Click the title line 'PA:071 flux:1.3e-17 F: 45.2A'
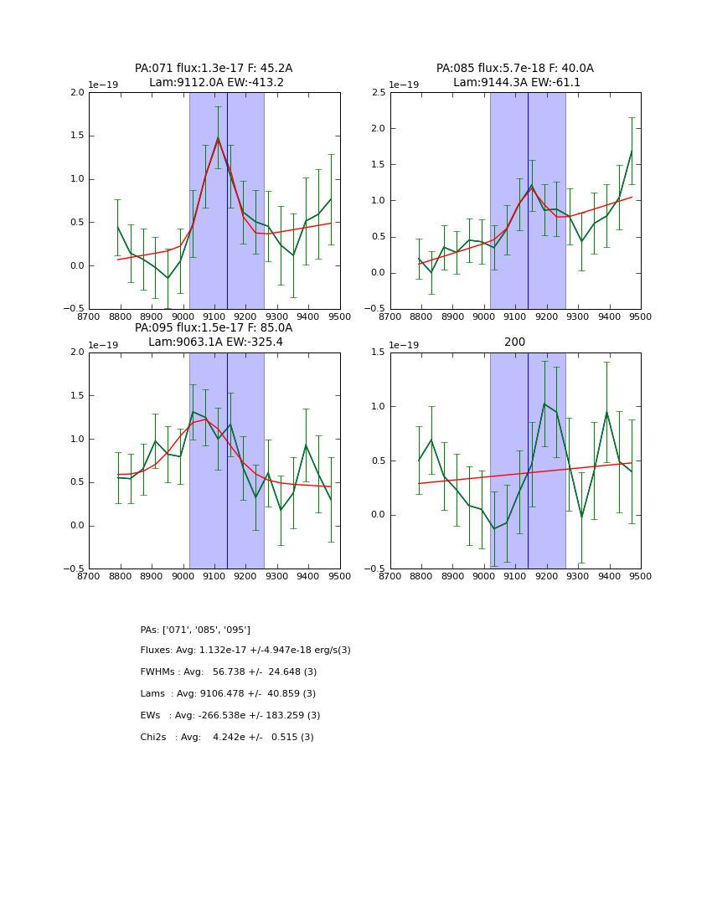[x=214, y=69]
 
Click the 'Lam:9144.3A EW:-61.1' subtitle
[x=516, y=83]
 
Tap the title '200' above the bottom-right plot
[x=515, y=342]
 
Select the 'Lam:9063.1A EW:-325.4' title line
[x=215, y=342]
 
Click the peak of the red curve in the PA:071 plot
[x=218, y=138]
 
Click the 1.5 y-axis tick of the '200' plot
[x=379, y=352]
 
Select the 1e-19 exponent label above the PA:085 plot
[x=404, y=85]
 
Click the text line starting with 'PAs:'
[x=195, y=630]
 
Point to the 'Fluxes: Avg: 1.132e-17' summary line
[x=245, y=651]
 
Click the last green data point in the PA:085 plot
[x=632, y=151]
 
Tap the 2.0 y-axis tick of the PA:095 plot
[x=77, y=352]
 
